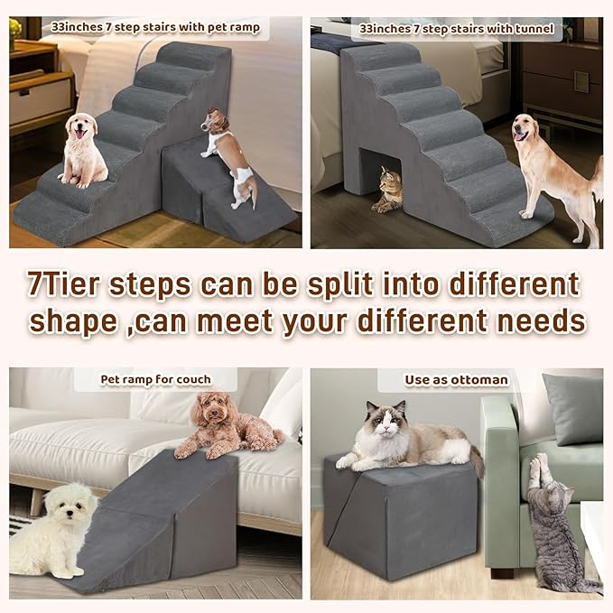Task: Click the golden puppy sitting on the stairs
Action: point(84,149)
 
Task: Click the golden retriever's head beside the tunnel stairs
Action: point(527,132)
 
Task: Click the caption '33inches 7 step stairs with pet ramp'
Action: point(155,28)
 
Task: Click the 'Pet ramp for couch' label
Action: point(155,379)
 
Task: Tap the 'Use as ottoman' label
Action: point(456,380)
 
